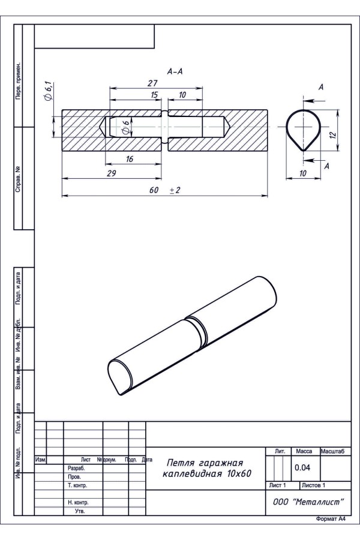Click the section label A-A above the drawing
[175, 71]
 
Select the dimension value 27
[152, 83]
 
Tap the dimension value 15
[154, 95]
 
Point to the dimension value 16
[129, 159]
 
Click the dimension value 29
[111, 173]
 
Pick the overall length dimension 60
[154, 190]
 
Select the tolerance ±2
[175, 190]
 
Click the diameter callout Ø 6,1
[48, 91]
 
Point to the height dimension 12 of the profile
[332, 134]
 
